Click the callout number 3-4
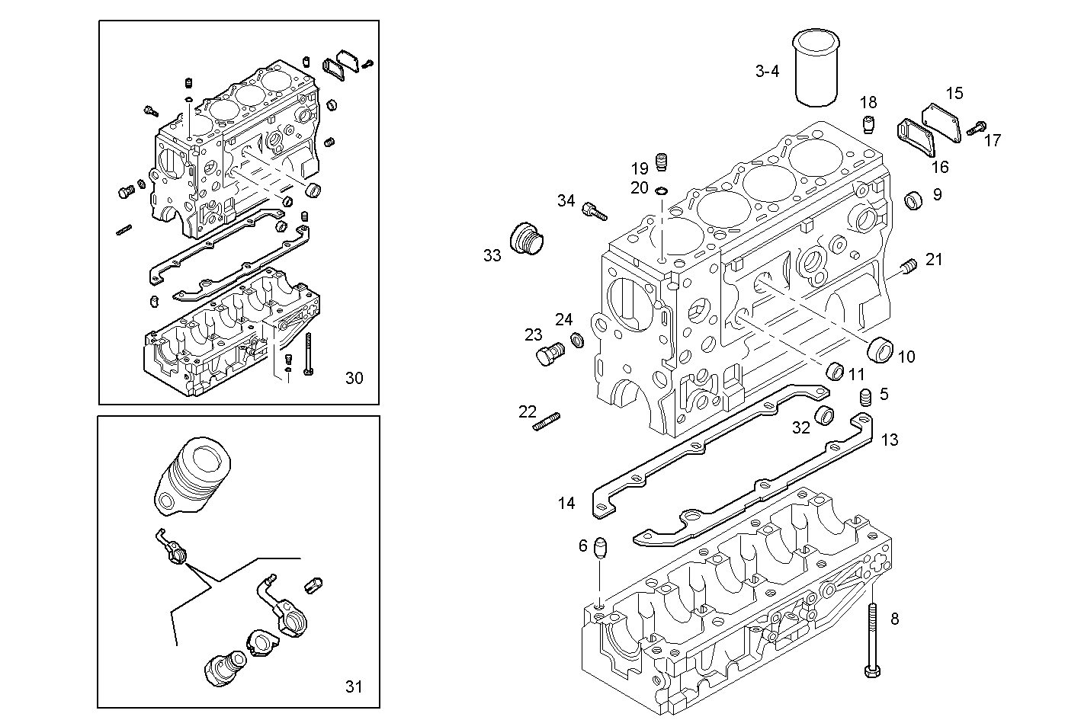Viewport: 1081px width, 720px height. pos(767,72)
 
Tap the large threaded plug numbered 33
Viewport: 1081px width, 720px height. pos(527,240)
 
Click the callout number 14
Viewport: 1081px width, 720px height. pos(566,503)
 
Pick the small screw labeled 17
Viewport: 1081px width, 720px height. pos(976,128)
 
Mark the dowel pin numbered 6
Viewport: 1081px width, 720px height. pos(601,548)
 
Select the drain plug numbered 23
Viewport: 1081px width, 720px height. pos(548,354)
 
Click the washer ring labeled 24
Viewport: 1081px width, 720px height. pos(577,338)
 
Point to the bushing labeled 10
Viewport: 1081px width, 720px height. pos(881,349)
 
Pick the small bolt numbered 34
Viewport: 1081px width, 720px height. pos(593,210)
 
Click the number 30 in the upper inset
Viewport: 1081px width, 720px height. pos(354,378)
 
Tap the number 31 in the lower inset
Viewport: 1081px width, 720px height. pos(353,686)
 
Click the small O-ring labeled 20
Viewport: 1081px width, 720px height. pos(661,190)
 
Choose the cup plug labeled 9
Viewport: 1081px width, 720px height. pos(913,200)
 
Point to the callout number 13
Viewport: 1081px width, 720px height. pos(889,440)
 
